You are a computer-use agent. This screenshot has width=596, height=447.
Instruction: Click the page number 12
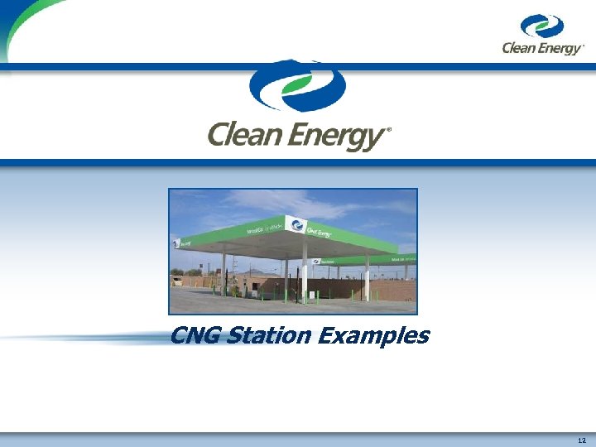(582, 440)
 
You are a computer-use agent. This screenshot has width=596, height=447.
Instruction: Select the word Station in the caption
(268, 336)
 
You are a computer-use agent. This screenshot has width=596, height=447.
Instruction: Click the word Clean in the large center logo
(248, 134)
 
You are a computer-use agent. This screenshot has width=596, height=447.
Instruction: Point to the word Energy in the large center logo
(341, 136)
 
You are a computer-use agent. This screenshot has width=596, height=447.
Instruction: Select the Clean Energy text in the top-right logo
(542, 49)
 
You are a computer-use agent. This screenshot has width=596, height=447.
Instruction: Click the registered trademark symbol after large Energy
(389, 130)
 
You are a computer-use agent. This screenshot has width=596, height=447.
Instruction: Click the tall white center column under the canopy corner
(304, 277)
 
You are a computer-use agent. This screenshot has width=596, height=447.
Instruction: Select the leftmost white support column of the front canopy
(223, 272)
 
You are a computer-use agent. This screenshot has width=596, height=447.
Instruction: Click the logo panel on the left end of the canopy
(175, 243)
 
